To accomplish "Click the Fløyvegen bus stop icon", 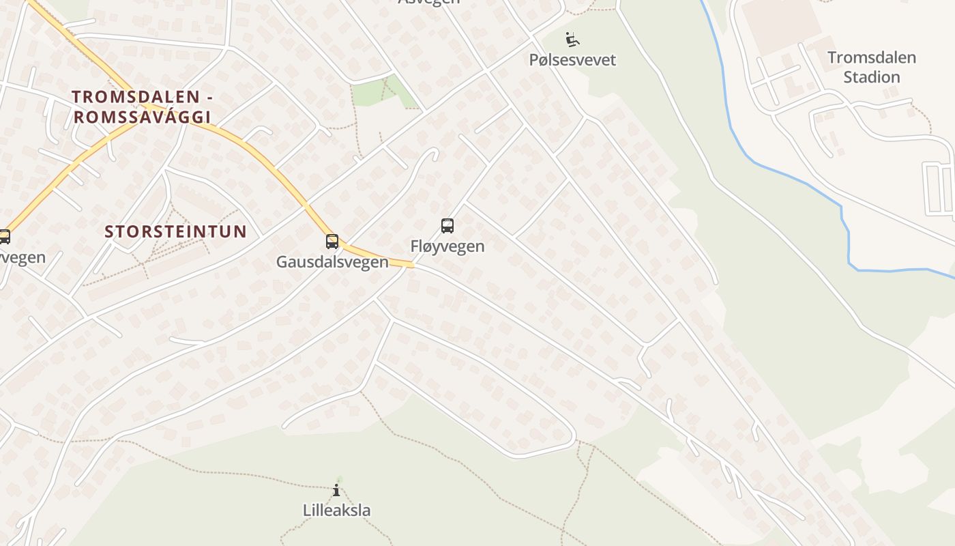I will click(x=447, y=225).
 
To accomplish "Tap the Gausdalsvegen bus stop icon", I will click(x=332, y=241).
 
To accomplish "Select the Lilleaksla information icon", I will click(x=336, y=490).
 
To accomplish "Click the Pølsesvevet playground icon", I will click(x=572, y=39).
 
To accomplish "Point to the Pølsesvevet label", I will click(x=572, y=60).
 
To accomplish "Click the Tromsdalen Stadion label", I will click(x=871, y=67).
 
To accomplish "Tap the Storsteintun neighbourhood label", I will click(x=175, y=231).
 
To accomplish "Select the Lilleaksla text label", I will click(x=336, y=510).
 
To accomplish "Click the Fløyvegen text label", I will click(x=447, y=246).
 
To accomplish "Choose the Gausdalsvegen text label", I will click(x=332, y=261).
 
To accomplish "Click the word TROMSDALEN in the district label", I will click(x=136, y=97).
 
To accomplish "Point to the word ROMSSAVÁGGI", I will click(x=143, y=117).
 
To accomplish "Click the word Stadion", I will click(x=871, y=77).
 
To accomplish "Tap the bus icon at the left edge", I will click(x=4, y=237).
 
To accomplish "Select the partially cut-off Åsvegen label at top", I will click(x=429, y=2).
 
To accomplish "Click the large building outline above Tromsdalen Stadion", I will click(x=780, y=26).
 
